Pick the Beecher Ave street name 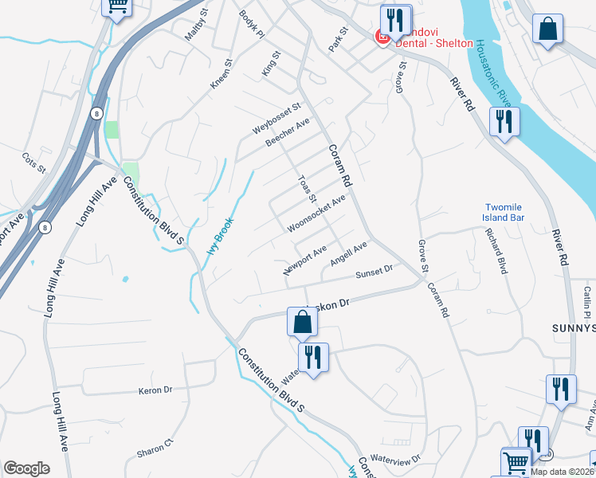tap(288, 134)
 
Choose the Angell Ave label tap(348, 253)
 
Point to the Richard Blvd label tap(496, 252)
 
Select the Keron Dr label tap(155, 390)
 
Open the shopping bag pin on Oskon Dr tap(302, 323)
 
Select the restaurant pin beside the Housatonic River tap(504, 123)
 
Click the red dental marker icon tap(382, 37)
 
